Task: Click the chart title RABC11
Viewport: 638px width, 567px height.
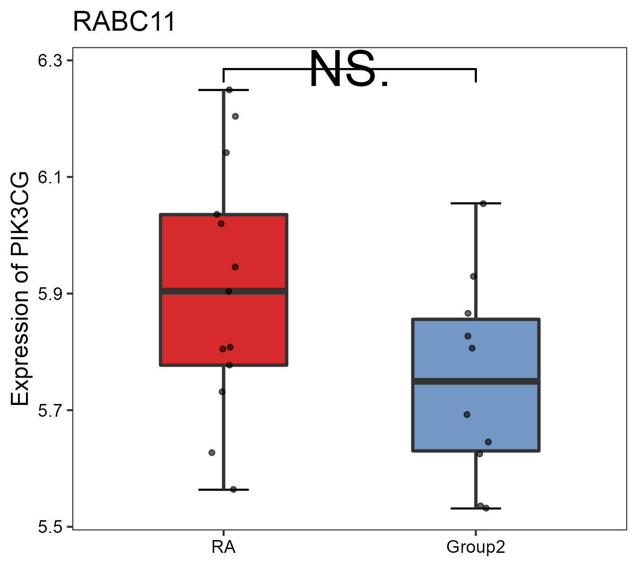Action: point(124,22)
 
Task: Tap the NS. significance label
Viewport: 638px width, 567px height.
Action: point(349,70)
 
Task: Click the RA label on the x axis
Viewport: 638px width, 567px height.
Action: point(224,548)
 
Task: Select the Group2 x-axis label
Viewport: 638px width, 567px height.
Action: point(475,548)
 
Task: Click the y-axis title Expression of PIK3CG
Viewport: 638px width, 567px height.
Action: point(20,288)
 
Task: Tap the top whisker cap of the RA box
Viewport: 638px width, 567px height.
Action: point(224,90)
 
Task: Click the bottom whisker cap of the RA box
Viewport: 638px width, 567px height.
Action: point(224,490)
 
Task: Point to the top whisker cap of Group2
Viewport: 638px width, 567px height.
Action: point(475,203)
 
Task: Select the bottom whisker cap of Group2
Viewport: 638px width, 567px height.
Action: point(475,508)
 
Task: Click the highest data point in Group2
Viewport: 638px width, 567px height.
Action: point(483,204)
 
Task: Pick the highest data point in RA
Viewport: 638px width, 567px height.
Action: point(229,90)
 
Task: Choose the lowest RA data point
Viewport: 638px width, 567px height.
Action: point(233,490)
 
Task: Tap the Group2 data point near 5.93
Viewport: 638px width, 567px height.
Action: point(473,276)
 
